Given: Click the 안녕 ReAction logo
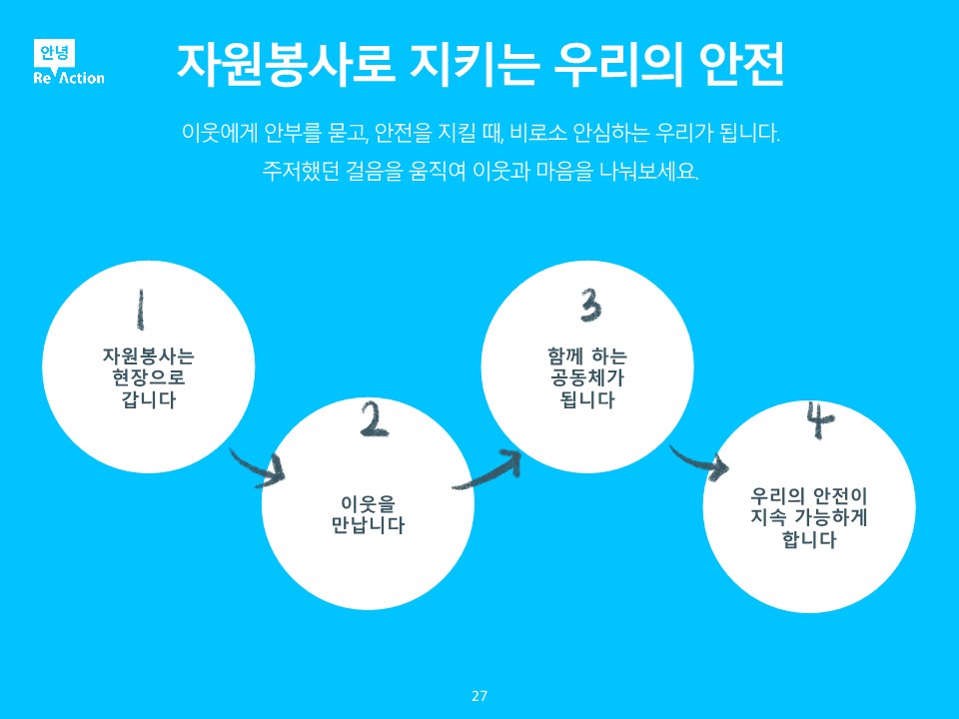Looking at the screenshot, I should click(67, 63).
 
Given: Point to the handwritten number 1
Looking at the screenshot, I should click(141, 310).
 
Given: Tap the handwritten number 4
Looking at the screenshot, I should click(819, 420).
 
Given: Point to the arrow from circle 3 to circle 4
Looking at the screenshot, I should click(698, 461).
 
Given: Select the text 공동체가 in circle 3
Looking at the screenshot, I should click(587, 378).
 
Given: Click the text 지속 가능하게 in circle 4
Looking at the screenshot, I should click(809, 518).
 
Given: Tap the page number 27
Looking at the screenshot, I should click(479, 696).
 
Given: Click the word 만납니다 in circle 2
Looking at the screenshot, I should click(368, 525).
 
